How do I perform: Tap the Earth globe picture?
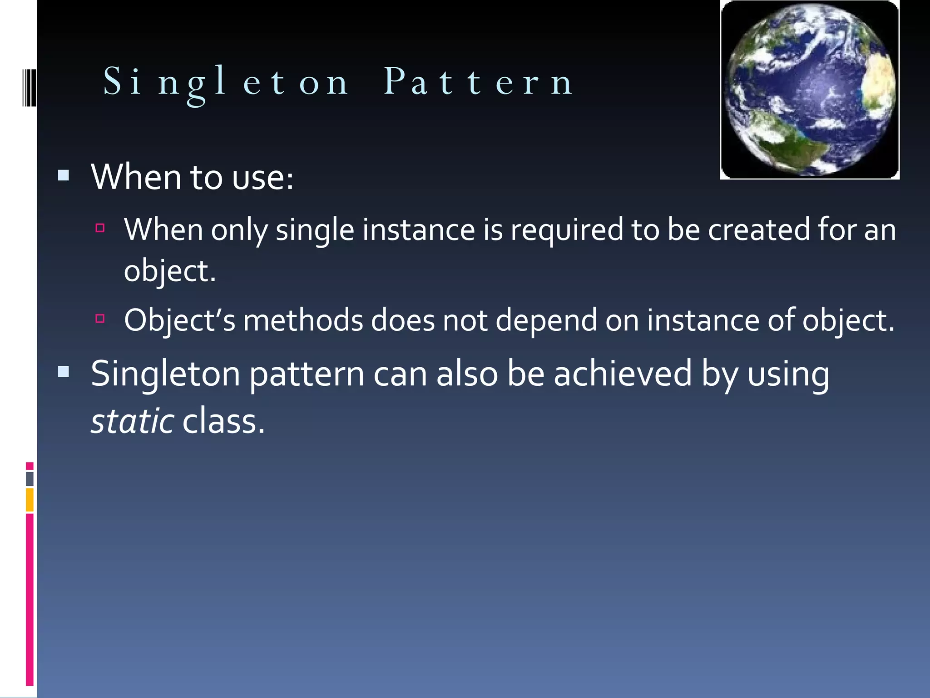810,90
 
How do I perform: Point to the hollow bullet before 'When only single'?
100,228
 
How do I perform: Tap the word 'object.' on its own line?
169,271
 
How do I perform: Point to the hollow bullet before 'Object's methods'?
100,319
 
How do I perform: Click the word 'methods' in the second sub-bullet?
303,320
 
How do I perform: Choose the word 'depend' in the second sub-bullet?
546,320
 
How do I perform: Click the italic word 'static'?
132,421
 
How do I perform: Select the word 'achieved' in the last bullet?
623,374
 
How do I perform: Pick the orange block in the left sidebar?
30,499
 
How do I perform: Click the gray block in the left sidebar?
30,479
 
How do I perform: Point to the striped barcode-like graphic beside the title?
30,88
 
